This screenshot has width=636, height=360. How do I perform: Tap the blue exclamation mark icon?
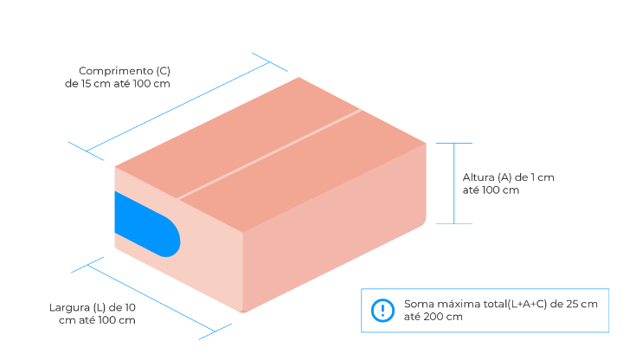tap(382, 311)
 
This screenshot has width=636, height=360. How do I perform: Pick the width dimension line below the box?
tap(152, 297)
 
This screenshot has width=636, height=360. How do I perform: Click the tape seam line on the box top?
tap(268, 154)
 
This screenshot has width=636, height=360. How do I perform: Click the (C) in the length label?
tap(164, 71)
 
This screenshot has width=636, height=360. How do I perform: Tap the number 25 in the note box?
tap(571, 305)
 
